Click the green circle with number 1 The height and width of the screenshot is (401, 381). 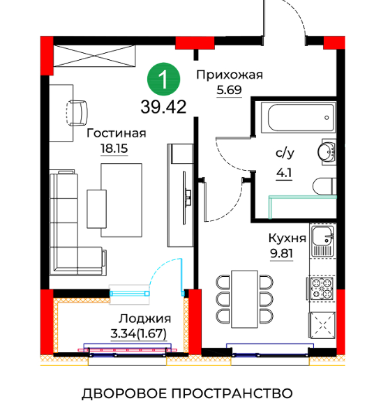click(x=163, y=80)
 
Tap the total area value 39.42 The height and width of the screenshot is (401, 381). click(x=163, y=107)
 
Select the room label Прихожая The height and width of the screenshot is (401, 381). click(x=230, y=75)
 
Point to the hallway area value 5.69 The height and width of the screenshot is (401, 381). click(x=230, y=90)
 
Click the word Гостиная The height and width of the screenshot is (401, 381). click(x=116, y=133)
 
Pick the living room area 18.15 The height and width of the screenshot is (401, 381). click(x=114, y=149)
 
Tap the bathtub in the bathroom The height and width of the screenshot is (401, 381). click(x=299, y=117)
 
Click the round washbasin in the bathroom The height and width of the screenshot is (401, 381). click(x=326, y=152)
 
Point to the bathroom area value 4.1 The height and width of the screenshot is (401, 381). click(x=284, y=174)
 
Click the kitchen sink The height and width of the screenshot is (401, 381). click(x=322, y=241)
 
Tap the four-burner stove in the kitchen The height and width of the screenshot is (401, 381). click(x=322, y=288)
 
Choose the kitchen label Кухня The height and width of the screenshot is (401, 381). click(x=287, y=238)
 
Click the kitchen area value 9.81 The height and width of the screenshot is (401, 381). click(x=281, y=253)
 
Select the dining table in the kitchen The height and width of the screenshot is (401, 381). click(x=244, y=299)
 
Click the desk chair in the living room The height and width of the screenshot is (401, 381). click(x=77, y=113)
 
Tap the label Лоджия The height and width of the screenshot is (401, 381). click(x=144, y=319)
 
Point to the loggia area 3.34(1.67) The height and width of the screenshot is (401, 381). click(x=138, y=334)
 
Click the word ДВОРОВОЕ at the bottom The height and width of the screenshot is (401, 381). click(x=124, y=393)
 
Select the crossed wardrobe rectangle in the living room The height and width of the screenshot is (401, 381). click(x=94, y=56)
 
